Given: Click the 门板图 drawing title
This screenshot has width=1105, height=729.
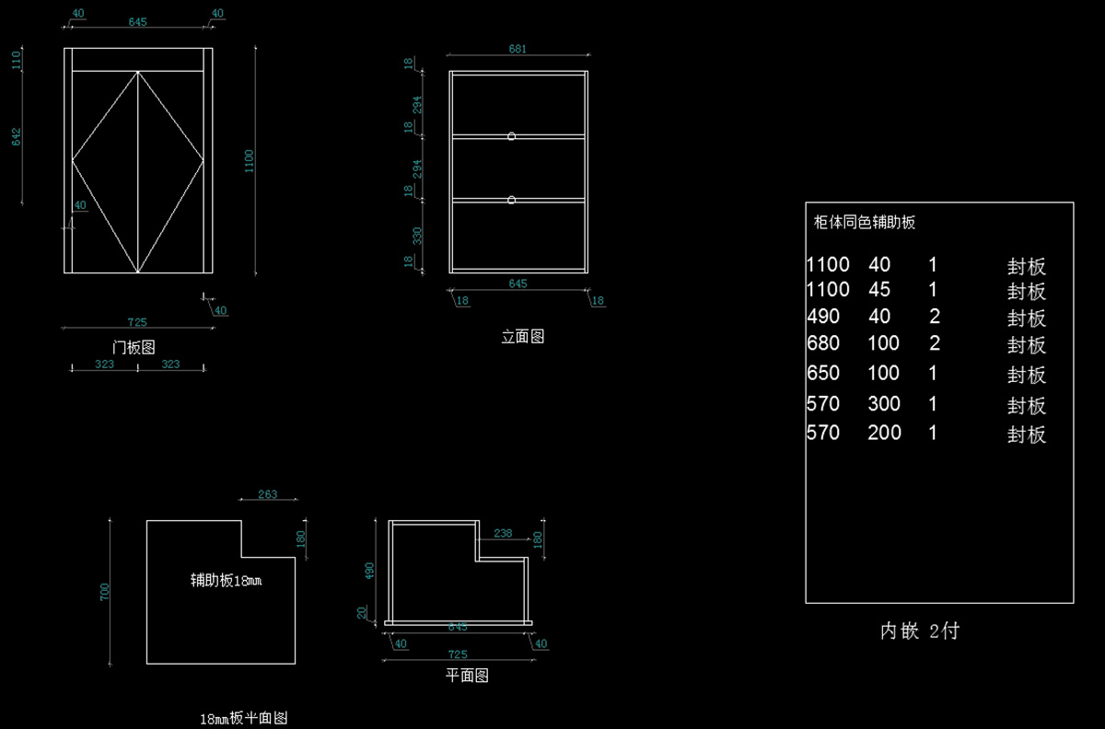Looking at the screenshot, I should pyautogui.click(x=133, y=346).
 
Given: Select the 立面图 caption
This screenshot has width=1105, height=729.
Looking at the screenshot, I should pyautogui.click(x=522, y=337).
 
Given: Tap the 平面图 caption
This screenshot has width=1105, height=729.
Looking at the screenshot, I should pyautogui.click(x=467, y=676).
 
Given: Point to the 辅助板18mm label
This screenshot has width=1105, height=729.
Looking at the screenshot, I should pyautogui.click(x=226, y=581).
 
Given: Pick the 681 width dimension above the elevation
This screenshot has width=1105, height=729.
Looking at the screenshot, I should pyautogui.click(x=518, y=50).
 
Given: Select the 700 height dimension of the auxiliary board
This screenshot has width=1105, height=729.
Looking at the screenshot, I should pyautogui.click(x=105, y=592).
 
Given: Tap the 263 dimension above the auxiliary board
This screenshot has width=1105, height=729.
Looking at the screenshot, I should pyautogui.click(x=267, y=495).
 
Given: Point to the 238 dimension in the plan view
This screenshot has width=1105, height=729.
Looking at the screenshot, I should pyautogui.click(x=503, y=533).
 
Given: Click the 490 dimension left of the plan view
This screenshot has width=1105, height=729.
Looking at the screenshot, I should pyautogui.click(x=371, y=571).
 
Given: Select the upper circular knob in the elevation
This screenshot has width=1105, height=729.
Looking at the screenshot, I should pyautogui.click(x=511, y=136).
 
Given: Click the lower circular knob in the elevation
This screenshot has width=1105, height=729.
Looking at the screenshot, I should pyautogui.click(x=511, y=200).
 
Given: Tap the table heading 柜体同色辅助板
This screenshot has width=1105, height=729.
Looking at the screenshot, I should pyautogui.click(x=865, y=223).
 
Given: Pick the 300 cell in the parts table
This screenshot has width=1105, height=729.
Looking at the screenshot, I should pyautogui.click(x=884, y=404).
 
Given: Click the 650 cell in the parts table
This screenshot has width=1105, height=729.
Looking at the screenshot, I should pyautogui.click(x=822, y=374).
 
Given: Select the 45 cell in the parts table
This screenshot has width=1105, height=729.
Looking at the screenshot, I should pyautogui.click(x=879, y=290).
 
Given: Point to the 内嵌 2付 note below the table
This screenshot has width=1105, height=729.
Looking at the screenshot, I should pyautogui.click(x=920, y=631).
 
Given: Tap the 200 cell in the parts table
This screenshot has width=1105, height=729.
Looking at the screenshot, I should pyautogui.click(x=884, y=433).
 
